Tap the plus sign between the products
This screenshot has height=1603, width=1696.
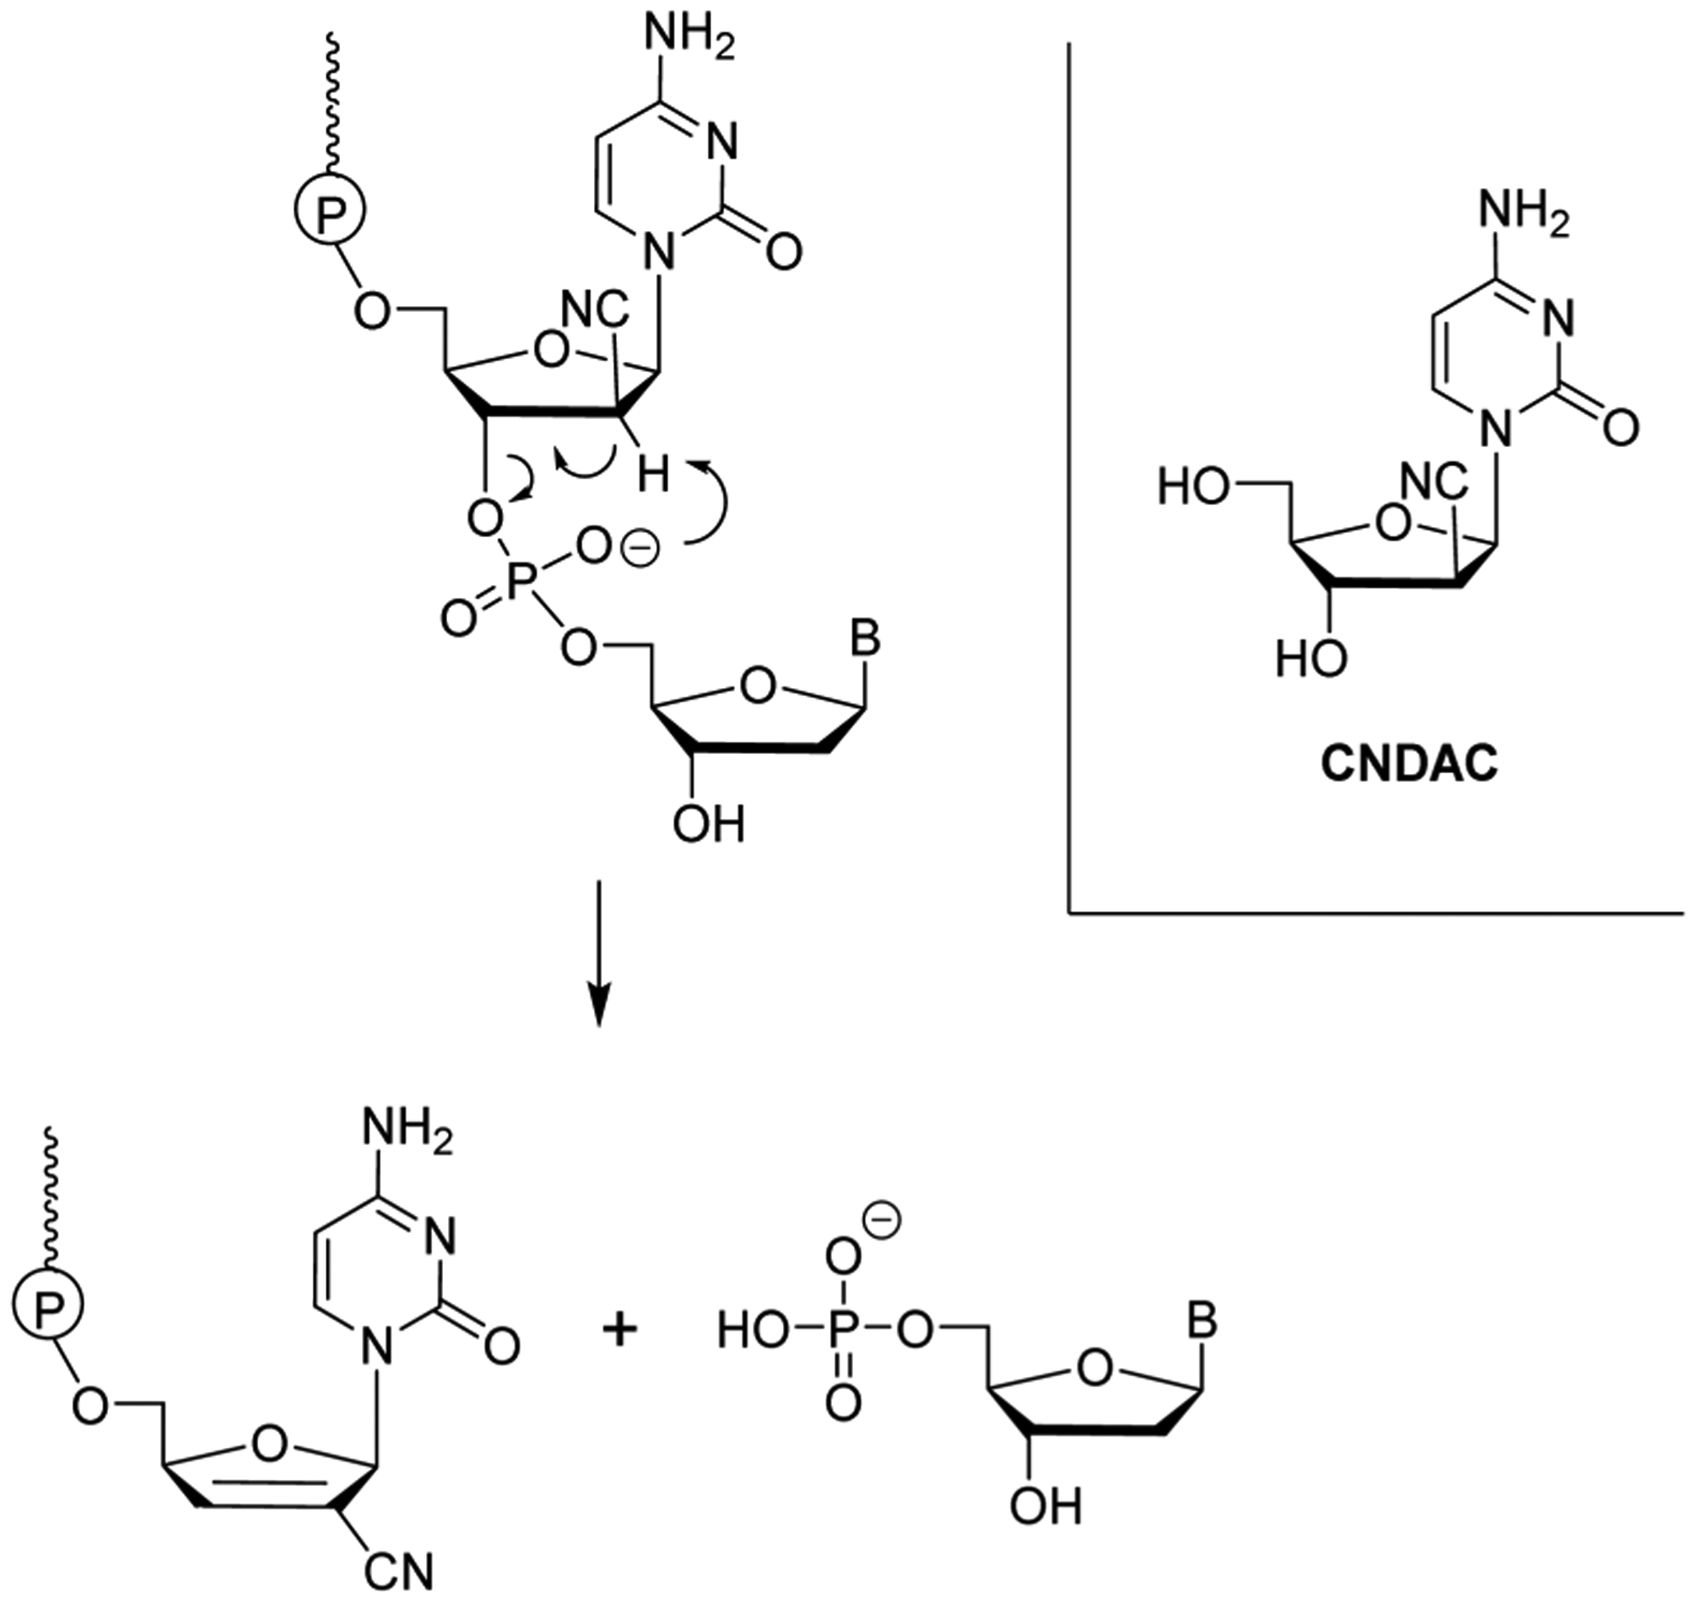(620, 1331)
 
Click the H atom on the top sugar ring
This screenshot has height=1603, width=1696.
(654, 474)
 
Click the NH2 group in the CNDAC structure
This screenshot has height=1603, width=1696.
(1524, 210)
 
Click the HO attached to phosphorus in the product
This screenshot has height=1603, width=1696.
(753, 1331)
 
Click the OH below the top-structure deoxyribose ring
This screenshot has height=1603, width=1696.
(709, 825)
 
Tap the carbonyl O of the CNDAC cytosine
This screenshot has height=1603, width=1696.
(1620, 428)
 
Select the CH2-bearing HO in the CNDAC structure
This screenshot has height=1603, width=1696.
(1193, 489)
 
